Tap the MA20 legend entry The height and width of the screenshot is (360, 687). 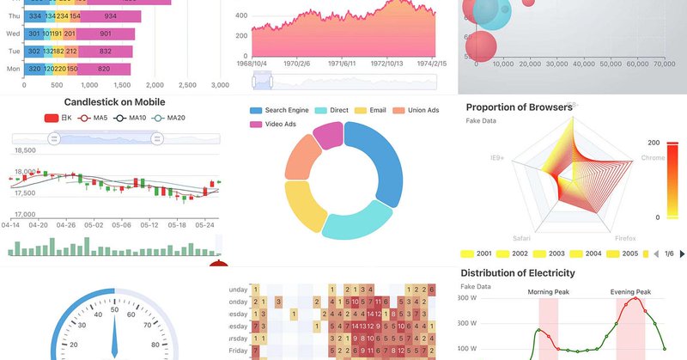[171, 118]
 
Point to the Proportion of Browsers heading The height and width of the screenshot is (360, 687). [519, 107]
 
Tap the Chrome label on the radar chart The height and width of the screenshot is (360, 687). [654, 158]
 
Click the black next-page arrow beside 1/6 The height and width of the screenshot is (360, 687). [682, 254]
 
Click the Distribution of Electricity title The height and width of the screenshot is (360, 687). [518, 273]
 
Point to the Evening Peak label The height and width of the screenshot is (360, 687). [634, 292]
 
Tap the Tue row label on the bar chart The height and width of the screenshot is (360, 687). [13, 52]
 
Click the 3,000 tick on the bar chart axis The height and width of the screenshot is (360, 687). [220, 85]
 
